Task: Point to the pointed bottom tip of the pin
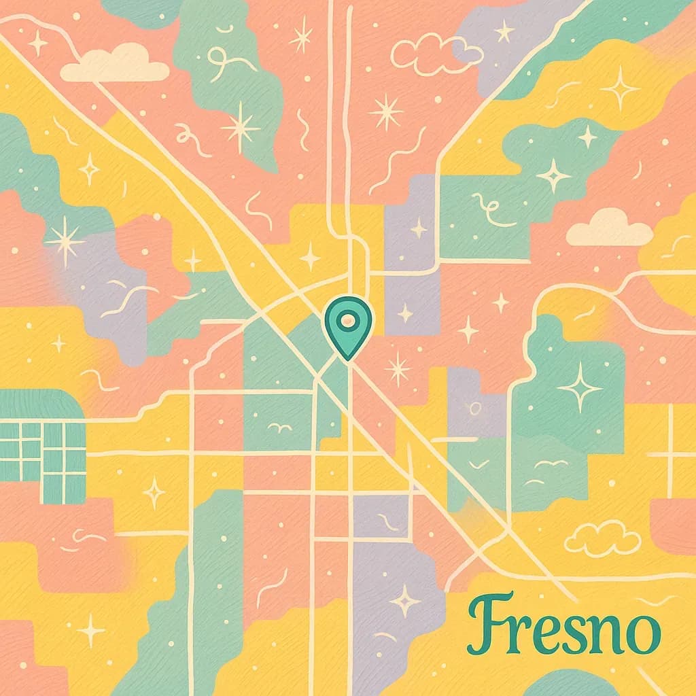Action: [348, 358]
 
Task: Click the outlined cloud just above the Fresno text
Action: [602, 538]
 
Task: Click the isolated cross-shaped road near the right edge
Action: [670, 452]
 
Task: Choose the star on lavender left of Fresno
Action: [405, 601]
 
